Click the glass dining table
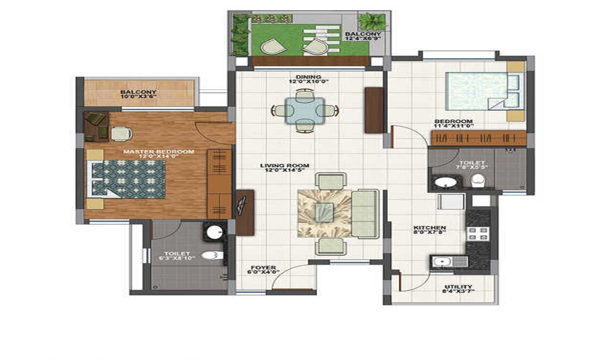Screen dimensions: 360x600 (305, 110)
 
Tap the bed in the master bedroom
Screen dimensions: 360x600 (127, 179)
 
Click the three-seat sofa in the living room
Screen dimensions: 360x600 (365, 213)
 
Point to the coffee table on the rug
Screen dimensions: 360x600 (324, 212)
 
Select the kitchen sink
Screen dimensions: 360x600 (442, 262)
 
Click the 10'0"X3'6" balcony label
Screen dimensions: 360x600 (138, 94)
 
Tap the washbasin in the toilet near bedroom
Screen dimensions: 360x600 (445, 182)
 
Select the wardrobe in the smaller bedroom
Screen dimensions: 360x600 (478, 138)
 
